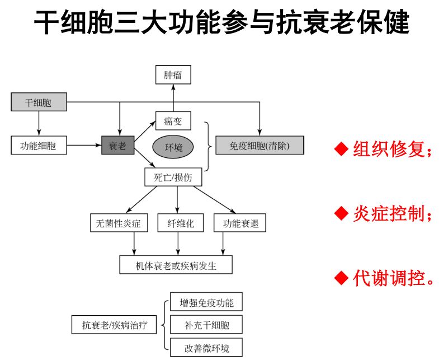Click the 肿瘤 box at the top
[x=173, y=74]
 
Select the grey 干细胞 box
[x=39, y=102]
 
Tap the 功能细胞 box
[x=38, y=146]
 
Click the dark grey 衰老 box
[x=117, y=146]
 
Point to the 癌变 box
[x=173, y=121]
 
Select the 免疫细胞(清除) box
[x=260, y=146]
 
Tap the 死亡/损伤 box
[x=173, y=178]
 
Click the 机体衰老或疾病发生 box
[x=176, y=265]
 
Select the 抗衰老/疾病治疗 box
[x=115, y=325]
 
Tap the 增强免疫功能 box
[x=206, y=303]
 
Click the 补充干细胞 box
[x=206, y=325]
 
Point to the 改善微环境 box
[x=206, y=348]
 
